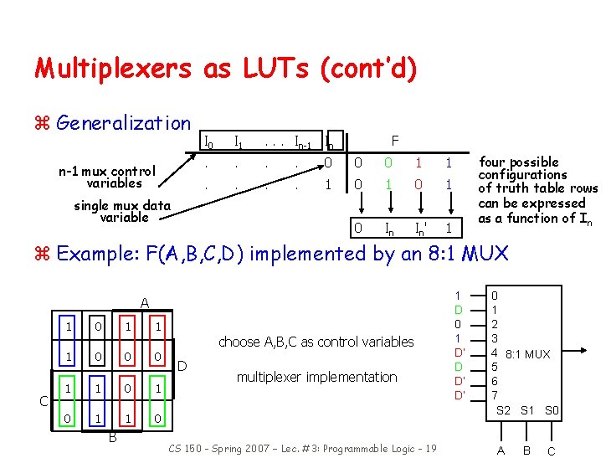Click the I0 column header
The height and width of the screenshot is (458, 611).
(x=209, y=141)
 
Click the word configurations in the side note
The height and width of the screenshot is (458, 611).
(x=521, y=175)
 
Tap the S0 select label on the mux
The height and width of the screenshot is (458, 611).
(x=552, y=410)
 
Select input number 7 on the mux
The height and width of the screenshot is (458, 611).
(x=494, y=395)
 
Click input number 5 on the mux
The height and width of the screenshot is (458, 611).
(x=494, y=367)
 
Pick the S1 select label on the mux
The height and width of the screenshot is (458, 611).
(x=528, y=410)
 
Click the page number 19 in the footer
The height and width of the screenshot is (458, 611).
(x=429, y=449)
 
